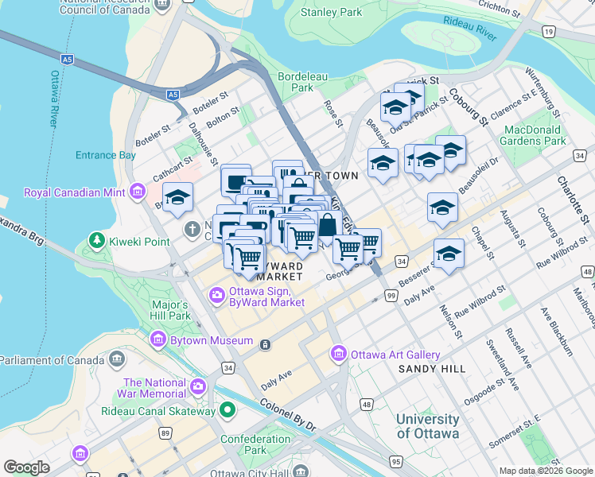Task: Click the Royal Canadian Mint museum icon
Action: click(x=139, y=192)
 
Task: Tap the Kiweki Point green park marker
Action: click(x=97, y=239)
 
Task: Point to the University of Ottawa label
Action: click(x=427, y=426)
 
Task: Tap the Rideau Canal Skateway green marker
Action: click(x=228, y=411)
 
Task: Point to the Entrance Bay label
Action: click(x=106, y=155)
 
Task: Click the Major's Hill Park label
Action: click(x=170, y=310)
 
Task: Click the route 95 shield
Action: click(x=395, y=460)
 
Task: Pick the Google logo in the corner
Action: click(x=27, y=467)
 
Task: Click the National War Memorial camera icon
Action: click(x=197, y=387)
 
